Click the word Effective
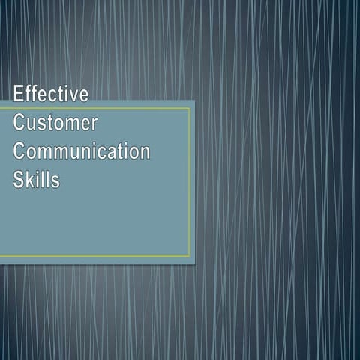pyautogui.click(x=50, y=94)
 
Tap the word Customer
pyautogui.click(x=55, y=123)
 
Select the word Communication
pyautogui.click(x=82, y=151)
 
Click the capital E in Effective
pyautogui.click(x=19, y=94)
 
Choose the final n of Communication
pyautogui.click(x=144, y=152)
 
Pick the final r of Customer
pyautogui.click(x=94, y=124)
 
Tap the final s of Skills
pyautogui.click(x=55, y=181)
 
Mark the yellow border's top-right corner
pyautogui.click(x=190, y=108)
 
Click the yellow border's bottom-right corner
pyautogui.click(x=190, y=256)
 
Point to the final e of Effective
pyautogui.click(x=82, y=95)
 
